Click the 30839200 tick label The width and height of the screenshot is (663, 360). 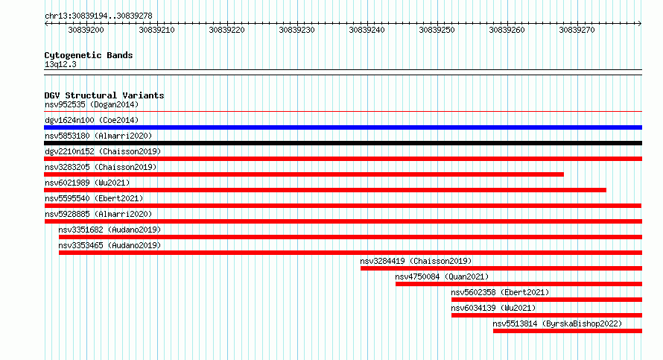click(x=86, y=30)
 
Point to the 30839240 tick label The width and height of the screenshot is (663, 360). click(x=367, y=30)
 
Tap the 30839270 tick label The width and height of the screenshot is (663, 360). click(x=577, y=30)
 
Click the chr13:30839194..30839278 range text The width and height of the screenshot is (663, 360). click(x=98, y=16)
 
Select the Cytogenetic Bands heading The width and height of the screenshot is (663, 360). click(x=89, y=55)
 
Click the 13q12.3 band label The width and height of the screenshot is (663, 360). click(x=60, y=64)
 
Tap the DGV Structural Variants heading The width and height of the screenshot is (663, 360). click(x=104, y=95)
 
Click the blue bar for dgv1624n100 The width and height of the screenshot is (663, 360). click(x=343, y=127)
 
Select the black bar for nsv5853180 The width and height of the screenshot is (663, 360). click(x=343, y=143)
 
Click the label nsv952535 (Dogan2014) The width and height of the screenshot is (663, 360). click(x=92, y=104)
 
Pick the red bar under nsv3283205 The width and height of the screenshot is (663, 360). click(x=304, y=174)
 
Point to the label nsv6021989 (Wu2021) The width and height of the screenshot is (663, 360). click(x=87, y=183)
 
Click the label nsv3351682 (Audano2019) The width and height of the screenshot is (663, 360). click(x=110, y=230)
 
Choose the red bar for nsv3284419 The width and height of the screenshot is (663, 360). click(x=501, y=268)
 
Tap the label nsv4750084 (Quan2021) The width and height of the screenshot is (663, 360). click(x=442, y=277)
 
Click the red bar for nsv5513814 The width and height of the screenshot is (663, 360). click(x=568, y=331)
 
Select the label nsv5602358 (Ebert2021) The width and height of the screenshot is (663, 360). click(x=500, y=292)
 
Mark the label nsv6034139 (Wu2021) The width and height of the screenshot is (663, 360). click(x=493, y=308)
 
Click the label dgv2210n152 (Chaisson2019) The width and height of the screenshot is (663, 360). click(x=103, y=151)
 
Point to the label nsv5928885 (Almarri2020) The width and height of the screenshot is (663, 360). click(x=98, y=214)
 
